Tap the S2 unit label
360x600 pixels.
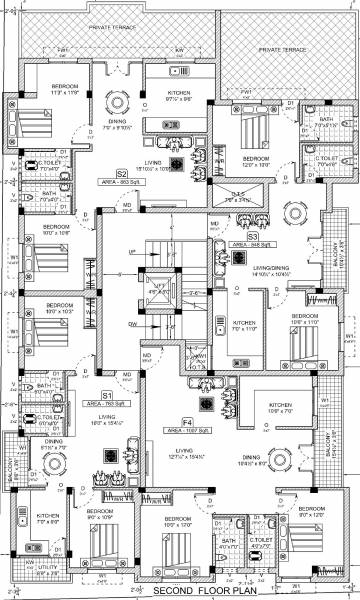[x=121, y=173]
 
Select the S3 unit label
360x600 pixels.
[x=253, y=236]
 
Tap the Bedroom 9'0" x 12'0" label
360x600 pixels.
[x=179, y=521]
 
